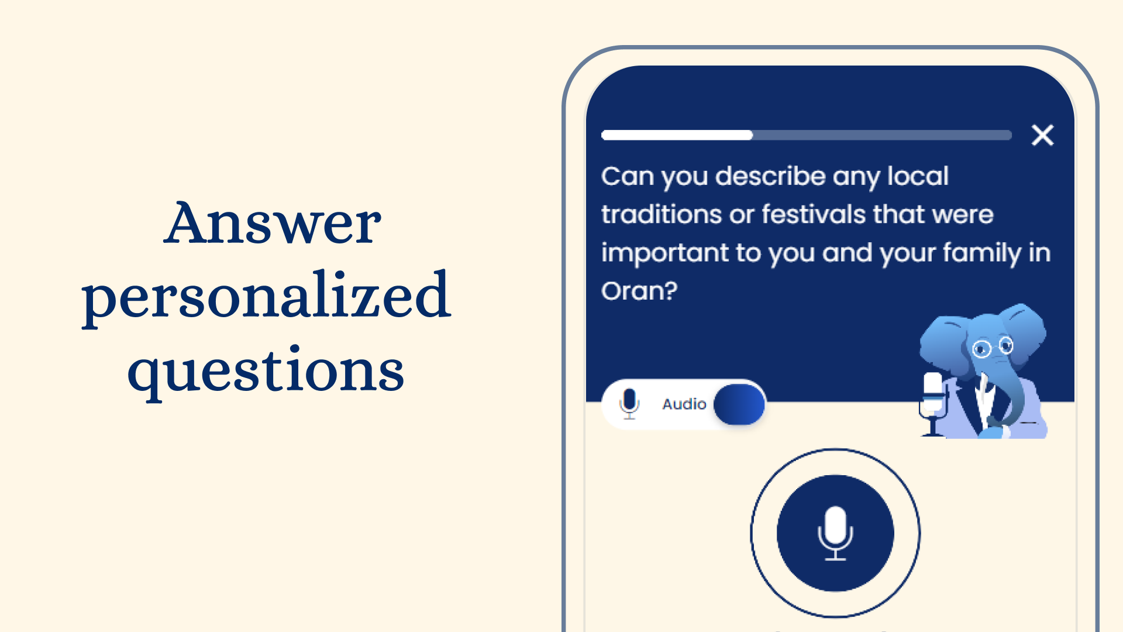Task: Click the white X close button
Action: tap(1042, 135)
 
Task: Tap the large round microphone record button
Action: tap(835, 533)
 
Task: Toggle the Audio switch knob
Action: tap(739, 404)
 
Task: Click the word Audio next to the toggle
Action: tap(684, 404)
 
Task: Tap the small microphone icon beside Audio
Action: tap(629, 404)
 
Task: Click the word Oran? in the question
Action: tap(639, 291)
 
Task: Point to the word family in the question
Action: tap(982, 253)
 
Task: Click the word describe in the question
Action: tap(770, 176)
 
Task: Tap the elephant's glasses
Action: tap(993, 347)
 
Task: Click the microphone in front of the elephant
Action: tap(932, 404)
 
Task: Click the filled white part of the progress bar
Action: tap(677, 135)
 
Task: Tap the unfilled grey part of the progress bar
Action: tap(882, 135)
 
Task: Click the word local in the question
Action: tap(918, 176)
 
